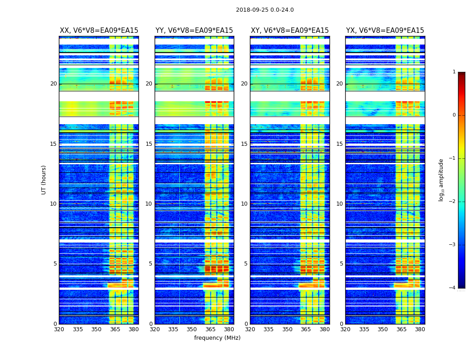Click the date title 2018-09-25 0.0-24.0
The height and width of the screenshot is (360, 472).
click(x=265, y=10)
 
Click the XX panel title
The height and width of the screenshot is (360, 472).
click(x=99, y=31)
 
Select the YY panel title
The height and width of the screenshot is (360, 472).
click(x=194, y=31)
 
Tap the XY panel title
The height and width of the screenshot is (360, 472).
click(x=289, y=31)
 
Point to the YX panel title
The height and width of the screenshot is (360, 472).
click(x=385, y=31)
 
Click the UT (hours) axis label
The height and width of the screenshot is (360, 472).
click(x=44, y=180)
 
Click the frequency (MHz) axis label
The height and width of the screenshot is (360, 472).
click(x=217, y=338)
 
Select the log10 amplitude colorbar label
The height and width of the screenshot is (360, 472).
click(x=441, y=180)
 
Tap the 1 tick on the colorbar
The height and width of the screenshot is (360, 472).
click(x=454, y=72)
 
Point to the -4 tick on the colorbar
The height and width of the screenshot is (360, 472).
click(x=453, y=288)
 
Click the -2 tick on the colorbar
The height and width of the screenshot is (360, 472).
click(x=453, y=202)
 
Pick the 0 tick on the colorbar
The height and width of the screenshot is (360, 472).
click(x=454, y=115)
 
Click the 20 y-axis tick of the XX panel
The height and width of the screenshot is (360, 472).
click(x=53, y=84)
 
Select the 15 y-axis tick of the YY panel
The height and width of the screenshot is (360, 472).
click(x=149, y=144)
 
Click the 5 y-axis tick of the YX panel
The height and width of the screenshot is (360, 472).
click(x=341, y=264)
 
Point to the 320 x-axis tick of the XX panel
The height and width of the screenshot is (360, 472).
click(x=59, y=329)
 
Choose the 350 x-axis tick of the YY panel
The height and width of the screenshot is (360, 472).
click(x=192, y=329)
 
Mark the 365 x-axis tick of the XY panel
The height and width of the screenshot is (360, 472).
click(x=306, y=329)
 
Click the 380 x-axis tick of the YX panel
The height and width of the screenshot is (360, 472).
click(x=420, y=329)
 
